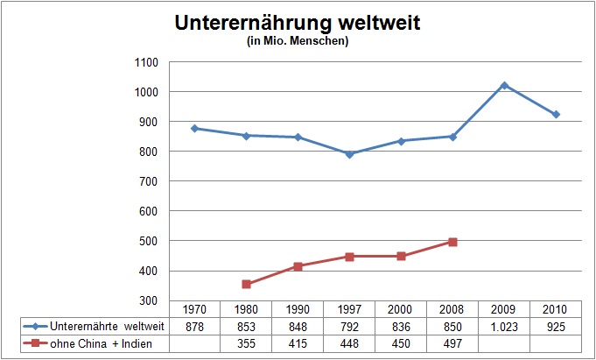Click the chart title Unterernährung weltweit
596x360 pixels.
pyautogui.click(x=298, y=24)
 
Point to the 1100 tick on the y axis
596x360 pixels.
pyautogui.click(x=145, y=62)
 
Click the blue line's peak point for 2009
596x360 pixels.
pyautogui.click(x=504, y=85)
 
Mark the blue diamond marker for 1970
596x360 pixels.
pyautogui.click(x=194, y=128)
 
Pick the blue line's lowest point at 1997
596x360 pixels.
pyautogui.click(x=349, y=154)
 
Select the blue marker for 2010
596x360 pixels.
pyautogui.click(x=556, y=114)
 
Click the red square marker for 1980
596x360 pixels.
pyautogui.click(x=246, y=284)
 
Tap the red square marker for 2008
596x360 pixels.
pyautogui.click(x=452, y=242)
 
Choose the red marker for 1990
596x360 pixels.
pyautogui.click(x=298, y=266)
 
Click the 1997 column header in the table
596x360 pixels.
pyautogui.click(x=349, y=309)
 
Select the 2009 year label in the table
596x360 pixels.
pyautogui.click(x=504, y=309)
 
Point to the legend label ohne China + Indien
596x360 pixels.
pyautogui.click(x=97, y=342)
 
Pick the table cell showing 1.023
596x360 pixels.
pyautogui.click(x=504, y=325)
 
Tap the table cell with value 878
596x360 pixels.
pyautogui.click(x=194, y=325)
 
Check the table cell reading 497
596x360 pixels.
pyautogui.click(x=452, y=342)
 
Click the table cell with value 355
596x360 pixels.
pyautogui.click(x=246, y=342)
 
